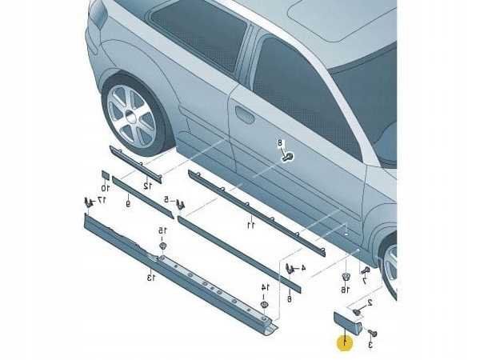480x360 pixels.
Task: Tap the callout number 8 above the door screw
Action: pyautogui.click(x=281, y=143)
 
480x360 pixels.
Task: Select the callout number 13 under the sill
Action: pyautogui.click(x=150, y=277)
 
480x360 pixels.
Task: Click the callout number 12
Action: pyautogui.click(x=146, y=186)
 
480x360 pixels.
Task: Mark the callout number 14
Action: pyautogui.click(x=265, y=287)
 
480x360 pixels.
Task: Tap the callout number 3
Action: pyautogui.click(x=370, y=344)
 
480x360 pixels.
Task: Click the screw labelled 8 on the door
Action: pyautogui.click(x=286, y=156)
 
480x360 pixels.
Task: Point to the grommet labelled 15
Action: pyautogui.click(x=162, y=246)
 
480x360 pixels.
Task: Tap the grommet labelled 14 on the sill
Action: pyautogui.click(x=264, y=305)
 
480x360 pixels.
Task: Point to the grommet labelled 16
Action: pyautogui.click(x=346, y=278)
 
